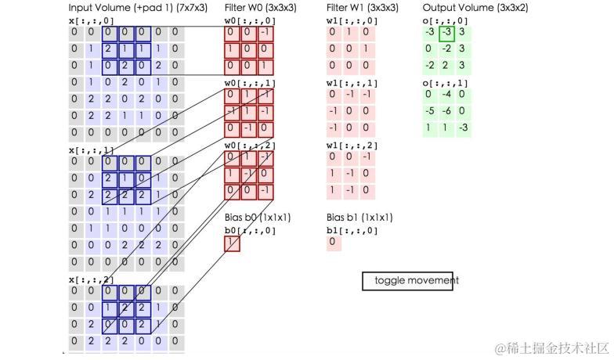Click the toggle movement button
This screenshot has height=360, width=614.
coord(407,281)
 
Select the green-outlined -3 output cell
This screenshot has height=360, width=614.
coord(446,33)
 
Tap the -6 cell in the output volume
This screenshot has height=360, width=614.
coord(446,111)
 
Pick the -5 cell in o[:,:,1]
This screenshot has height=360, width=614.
coord(429,111)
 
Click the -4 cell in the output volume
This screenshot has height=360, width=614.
coord(446,95)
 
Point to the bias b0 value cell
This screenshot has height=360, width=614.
coord(232,243)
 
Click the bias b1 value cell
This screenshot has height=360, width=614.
coord(333,243)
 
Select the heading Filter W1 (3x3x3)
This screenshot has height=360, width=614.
coord(362,8)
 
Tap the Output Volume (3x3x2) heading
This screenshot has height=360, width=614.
coord(475,8)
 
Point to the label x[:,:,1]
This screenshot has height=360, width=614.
coord(91,149)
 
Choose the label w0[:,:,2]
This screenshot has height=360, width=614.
coord(250,146)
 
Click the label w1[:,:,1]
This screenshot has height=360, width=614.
coord(352,83)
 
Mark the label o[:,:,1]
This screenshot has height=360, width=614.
coord(445,83)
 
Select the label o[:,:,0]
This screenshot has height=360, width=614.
coord(445,21)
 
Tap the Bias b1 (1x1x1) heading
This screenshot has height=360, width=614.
coord(359,218)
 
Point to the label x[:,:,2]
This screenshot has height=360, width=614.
coord(91,279)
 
